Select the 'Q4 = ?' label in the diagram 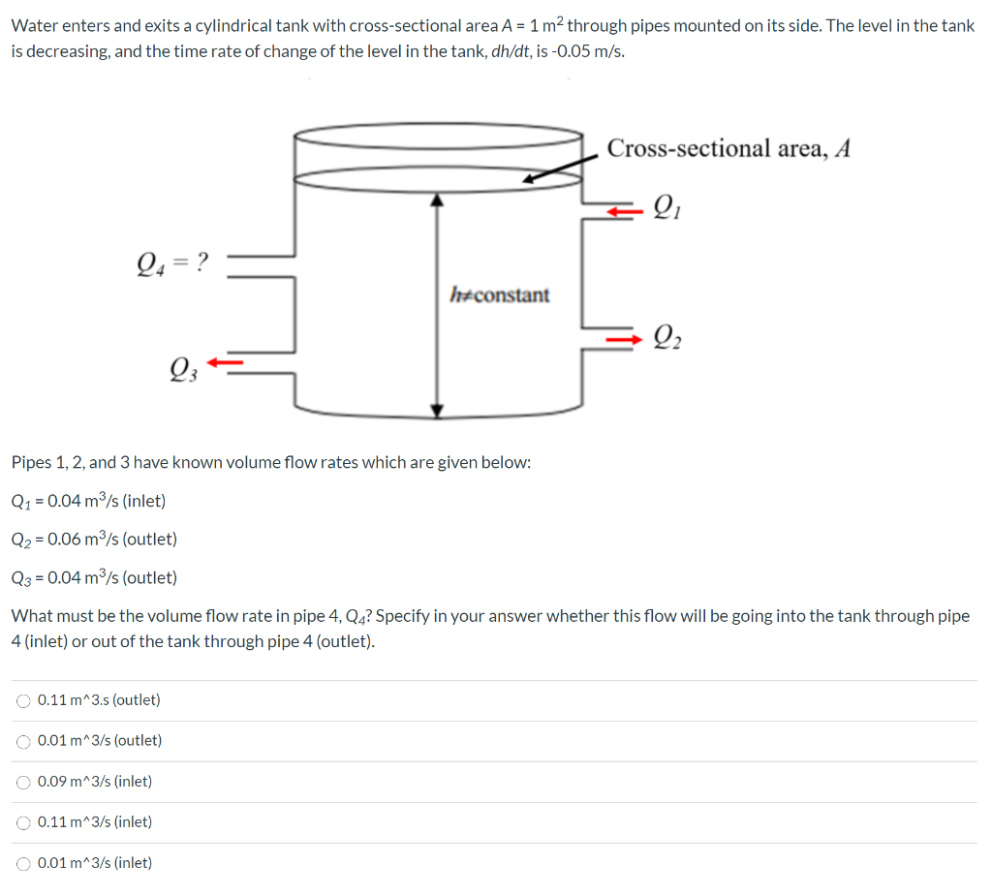pos(173,262)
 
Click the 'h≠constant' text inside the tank pos(500,294)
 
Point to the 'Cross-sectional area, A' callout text pos(728,148)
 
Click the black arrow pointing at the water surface pos(553,170)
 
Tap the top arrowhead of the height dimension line pos(438,199)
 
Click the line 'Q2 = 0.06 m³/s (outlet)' pos(94,539)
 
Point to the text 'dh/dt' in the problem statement pos(513,51)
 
